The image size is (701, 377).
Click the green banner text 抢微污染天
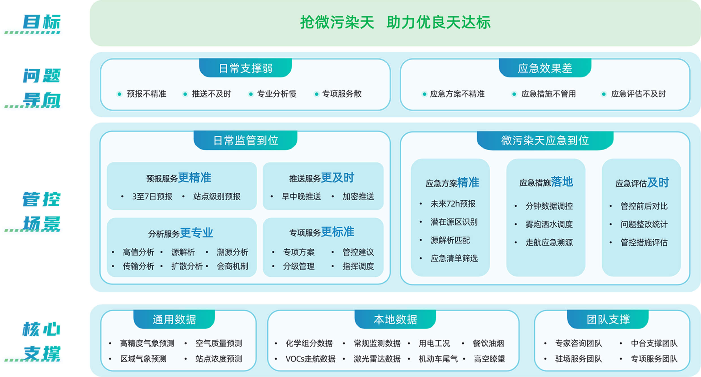tap(337, 22)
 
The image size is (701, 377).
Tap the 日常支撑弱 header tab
tap(245, 68)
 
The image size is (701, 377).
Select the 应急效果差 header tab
tap(545, 68)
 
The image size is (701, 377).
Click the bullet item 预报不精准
tap(146, 94)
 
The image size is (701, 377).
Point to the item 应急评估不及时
tap(638, 94)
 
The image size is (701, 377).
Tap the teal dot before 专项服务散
tap(317, 94)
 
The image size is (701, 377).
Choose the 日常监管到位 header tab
tap(245, 140)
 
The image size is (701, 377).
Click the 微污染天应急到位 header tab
tap(545, 140)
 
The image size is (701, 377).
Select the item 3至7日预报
tap(152, 196)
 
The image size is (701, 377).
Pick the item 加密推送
tap(358, 196)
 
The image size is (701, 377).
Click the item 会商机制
tap(232, 266)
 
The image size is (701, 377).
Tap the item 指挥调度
tap(358, 266)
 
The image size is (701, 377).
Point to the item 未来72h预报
tap(453, 204)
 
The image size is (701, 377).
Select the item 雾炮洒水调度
tap(549, 224)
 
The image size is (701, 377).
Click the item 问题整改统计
tap(644, 224)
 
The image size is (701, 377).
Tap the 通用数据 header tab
tap(174, 319)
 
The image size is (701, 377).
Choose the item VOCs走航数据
tap(310, 359)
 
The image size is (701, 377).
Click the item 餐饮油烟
tap(488, 343)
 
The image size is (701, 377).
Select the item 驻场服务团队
tap(578, 359)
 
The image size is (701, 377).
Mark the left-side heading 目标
tap(42, 22)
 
